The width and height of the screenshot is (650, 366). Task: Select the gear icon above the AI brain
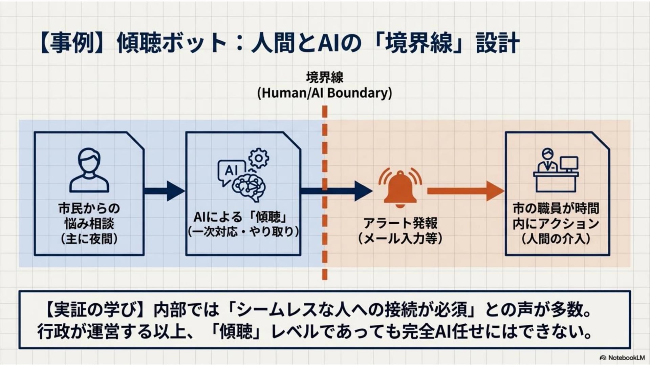point(259,158)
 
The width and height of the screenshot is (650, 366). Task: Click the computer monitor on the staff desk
point(569,164)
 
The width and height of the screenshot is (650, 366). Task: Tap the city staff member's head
point(547,154)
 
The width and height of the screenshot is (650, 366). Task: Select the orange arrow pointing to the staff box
point(465,191)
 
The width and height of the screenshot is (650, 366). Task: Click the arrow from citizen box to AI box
point(165,191)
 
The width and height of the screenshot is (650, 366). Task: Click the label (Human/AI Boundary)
point(324,93)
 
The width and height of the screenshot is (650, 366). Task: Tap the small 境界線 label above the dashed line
point(324,78)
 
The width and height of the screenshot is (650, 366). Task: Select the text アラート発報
point(400,223)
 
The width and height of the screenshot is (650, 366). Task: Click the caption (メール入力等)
point(400,239)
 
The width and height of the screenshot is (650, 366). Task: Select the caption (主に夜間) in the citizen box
point(89,239)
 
